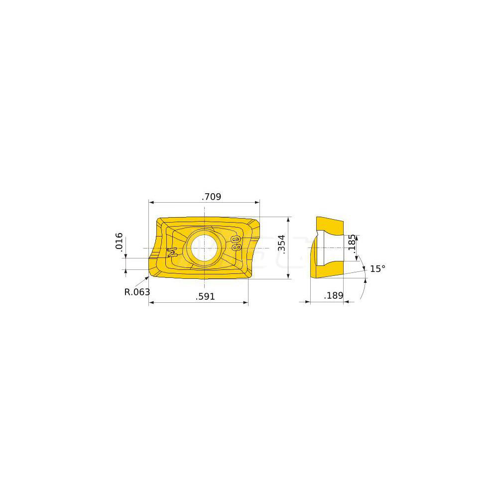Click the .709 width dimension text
211,197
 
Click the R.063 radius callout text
137,292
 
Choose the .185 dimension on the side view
352,244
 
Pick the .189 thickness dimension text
333,296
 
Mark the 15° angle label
377,269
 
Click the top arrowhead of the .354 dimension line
289,220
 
